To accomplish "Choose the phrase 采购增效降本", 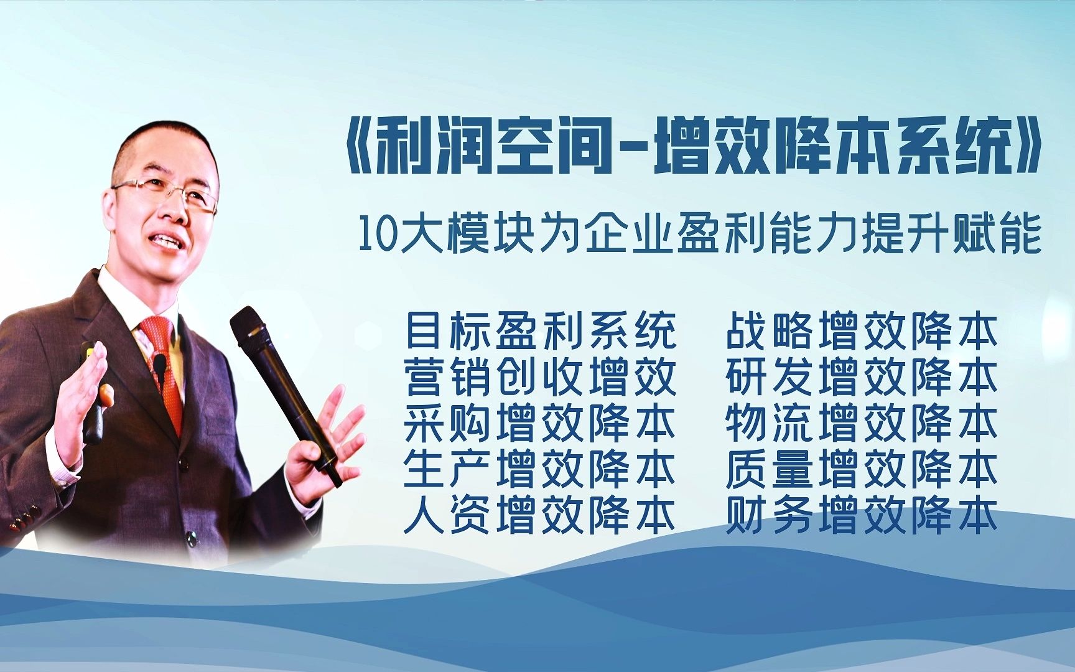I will click(540, 423).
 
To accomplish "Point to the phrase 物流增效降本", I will click(862, 423).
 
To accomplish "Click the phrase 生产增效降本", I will click(540, 469).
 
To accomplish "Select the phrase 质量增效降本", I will click(862, 469).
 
